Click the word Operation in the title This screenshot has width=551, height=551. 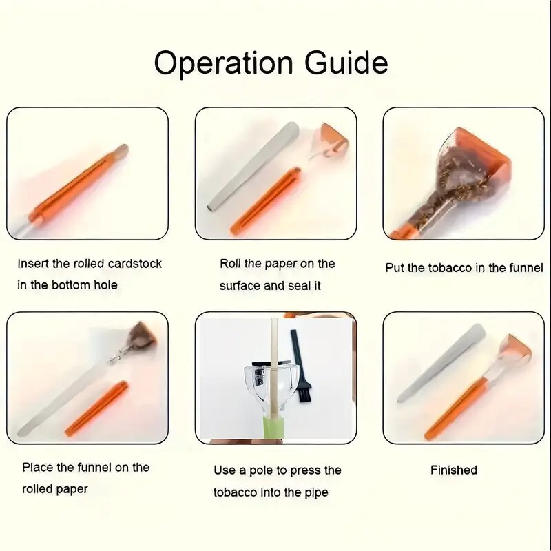point(223,63)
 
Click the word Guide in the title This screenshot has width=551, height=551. point(346,63)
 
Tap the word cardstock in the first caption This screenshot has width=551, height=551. point(135,264)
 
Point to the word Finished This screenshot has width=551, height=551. point(454,470)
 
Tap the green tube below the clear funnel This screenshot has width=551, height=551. point(273,425)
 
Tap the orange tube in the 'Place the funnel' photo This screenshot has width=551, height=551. point(96,408)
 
